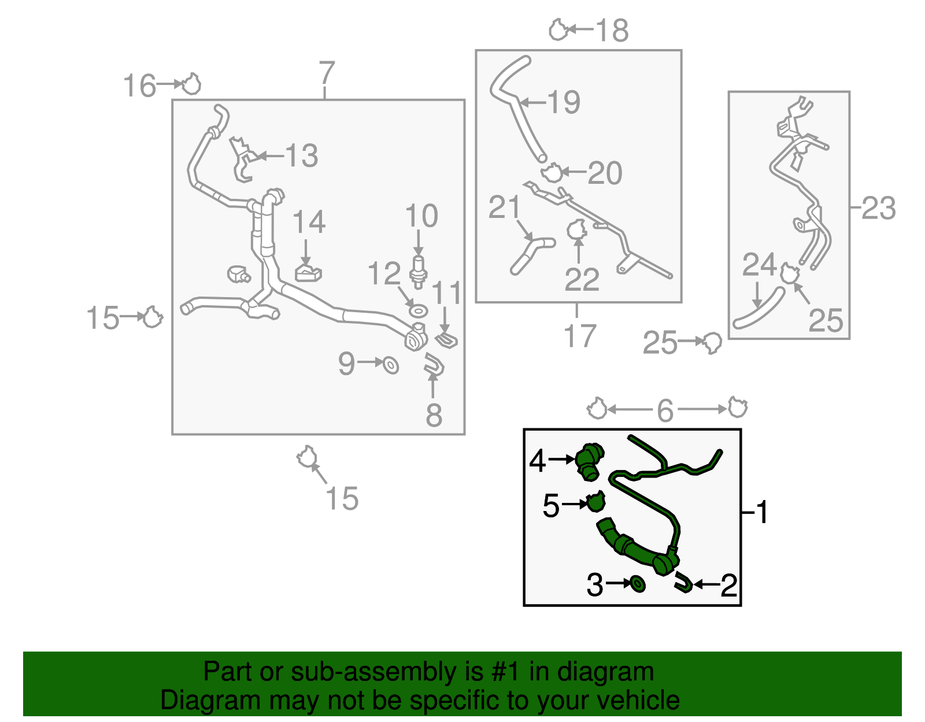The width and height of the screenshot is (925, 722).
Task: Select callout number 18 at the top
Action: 612,30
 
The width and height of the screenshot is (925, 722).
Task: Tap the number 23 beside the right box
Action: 879,208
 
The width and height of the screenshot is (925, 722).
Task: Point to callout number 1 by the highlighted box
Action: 761,512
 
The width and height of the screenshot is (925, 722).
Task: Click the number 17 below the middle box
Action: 579,336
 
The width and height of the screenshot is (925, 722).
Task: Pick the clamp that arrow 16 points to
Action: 191,84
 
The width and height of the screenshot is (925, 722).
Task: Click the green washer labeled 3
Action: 637,584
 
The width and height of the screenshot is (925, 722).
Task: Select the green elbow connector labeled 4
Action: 589,462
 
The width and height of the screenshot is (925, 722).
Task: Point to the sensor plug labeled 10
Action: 418,272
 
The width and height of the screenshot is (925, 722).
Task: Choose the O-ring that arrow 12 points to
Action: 418,311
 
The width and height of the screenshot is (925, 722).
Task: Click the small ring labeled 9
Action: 390,365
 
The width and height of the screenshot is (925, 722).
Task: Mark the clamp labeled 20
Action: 552,173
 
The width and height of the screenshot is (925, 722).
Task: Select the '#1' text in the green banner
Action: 505,672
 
